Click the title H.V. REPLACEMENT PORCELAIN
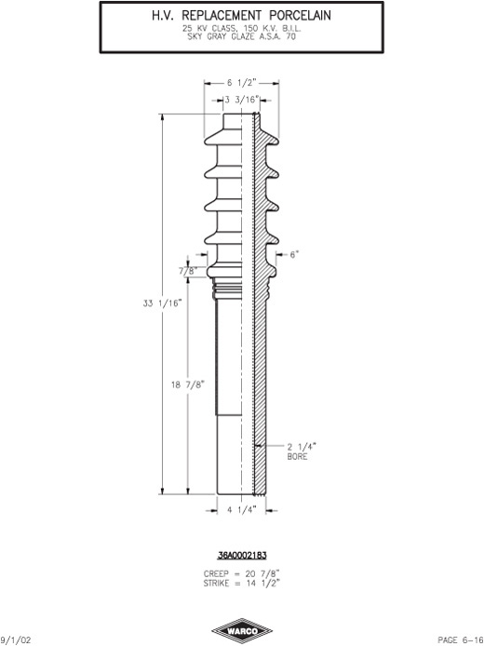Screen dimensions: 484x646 (241, 16)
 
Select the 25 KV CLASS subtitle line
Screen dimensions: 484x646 (241, 29)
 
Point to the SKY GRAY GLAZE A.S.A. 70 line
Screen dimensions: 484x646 (241, 36)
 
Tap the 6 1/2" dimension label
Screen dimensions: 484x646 (242, 83)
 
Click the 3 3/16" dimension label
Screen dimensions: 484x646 (242, 100)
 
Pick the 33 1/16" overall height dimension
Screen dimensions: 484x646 (162, 303)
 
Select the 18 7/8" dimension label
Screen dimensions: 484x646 (188, 384)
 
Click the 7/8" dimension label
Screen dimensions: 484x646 (188, 271)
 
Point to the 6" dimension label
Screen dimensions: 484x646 (294, 255)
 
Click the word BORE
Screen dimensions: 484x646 (298, 456)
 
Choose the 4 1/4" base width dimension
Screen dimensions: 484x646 (242, 510)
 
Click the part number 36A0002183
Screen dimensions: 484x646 (242, 556)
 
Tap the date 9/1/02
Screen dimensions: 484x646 (16, 640)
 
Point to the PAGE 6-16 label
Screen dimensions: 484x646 (461, 640)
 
